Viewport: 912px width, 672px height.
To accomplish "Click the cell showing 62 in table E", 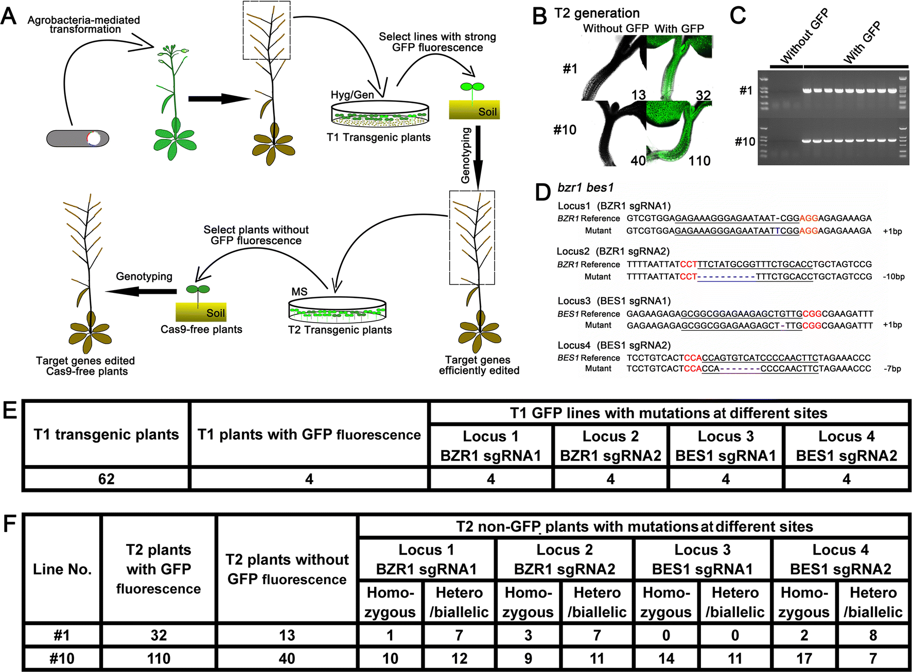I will tap(106, 479).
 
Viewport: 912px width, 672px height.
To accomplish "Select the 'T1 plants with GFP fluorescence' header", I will tap(309, 435).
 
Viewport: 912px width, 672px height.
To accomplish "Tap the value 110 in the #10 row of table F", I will tap(159, 659).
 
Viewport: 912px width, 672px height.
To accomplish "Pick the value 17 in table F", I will tap(804, 659).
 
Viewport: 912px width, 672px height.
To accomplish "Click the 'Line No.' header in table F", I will tap(62, 569).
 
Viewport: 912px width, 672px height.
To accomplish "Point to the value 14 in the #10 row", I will tap(666, 659).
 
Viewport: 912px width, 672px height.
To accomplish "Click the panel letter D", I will tap(542, 192).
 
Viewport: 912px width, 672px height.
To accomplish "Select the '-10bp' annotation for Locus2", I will tap(893, 277).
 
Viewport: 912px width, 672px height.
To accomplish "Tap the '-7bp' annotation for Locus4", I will tap(892, 369).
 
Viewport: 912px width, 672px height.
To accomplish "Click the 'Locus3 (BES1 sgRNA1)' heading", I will tap(614, 301).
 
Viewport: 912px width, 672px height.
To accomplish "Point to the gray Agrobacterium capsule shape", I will tap(78, 138).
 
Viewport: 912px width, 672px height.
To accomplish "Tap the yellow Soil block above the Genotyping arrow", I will tap(474, 110).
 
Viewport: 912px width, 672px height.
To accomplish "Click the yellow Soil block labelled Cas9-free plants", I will tap(201, 312).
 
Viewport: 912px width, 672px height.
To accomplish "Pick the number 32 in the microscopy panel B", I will tap(703, 95).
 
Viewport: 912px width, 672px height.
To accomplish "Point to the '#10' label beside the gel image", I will tap(745, 142).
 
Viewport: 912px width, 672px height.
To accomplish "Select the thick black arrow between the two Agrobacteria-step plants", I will tap(215, 98).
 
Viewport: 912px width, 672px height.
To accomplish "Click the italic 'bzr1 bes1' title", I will tap(585, 188).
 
